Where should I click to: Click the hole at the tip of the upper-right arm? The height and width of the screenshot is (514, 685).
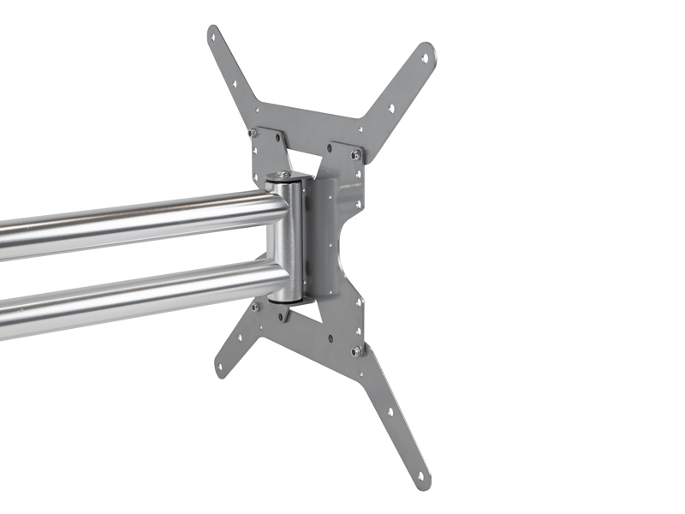click(x=424, y=58)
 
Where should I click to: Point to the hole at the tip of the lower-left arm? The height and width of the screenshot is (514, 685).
click(x=222, y=366)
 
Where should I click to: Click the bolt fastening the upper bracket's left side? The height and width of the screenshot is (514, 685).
click(x=253, y=133)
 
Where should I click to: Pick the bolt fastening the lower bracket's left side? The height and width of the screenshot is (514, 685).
click(x=255, y=306)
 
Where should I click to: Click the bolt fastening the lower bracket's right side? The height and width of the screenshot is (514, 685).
click(x=355, y=350)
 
